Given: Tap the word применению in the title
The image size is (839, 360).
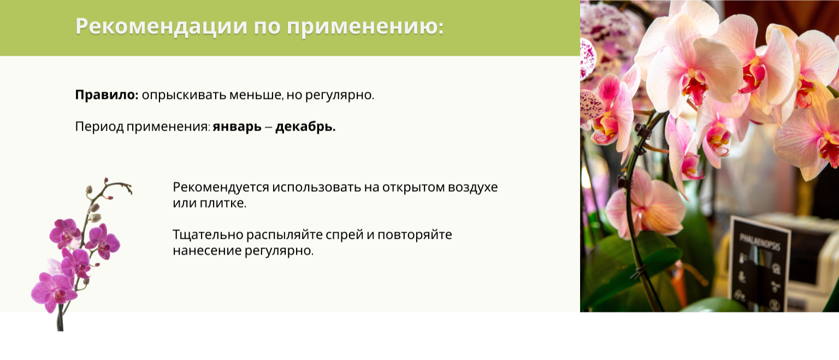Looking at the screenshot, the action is point(365,27).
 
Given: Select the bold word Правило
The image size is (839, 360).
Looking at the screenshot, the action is point(107,95).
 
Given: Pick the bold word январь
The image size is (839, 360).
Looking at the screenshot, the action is point(237,127).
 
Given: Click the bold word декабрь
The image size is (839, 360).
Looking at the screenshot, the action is point(305,127).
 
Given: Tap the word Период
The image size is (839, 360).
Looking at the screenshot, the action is point(99,127).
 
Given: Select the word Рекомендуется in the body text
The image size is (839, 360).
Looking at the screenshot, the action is point(221,187).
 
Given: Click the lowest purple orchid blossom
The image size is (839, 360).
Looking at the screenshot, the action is point(54,291).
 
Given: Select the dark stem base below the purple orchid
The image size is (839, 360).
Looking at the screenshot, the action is point(60,320).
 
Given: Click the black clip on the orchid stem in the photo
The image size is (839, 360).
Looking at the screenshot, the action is point(643,132).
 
